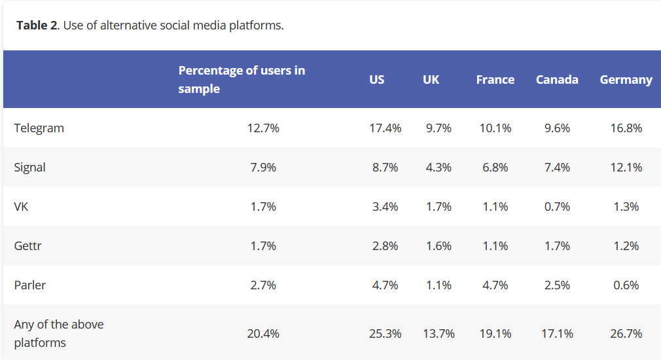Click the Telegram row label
pos(39,128)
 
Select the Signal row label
pos(30,168)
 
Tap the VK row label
pos(21,207)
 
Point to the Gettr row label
pos(29,246)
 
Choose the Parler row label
pos(30,285)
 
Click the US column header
pos(377,80)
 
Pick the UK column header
pos(431,80)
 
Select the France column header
pos(495,80)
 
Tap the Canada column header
pos(557,80)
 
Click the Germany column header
pos(626,80)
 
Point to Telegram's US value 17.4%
pos(385,128)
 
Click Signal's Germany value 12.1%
pos(626,168)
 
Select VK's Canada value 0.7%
pos(557,207)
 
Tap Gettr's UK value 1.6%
pos(438,246)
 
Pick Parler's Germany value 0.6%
pos(626,285)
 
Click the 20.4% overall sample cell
pos(263,334)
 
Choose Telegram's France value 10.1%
pos(495,128)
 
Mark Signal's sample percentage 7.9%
pos(263,168)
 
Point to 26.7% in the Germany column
pos(626,334)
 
